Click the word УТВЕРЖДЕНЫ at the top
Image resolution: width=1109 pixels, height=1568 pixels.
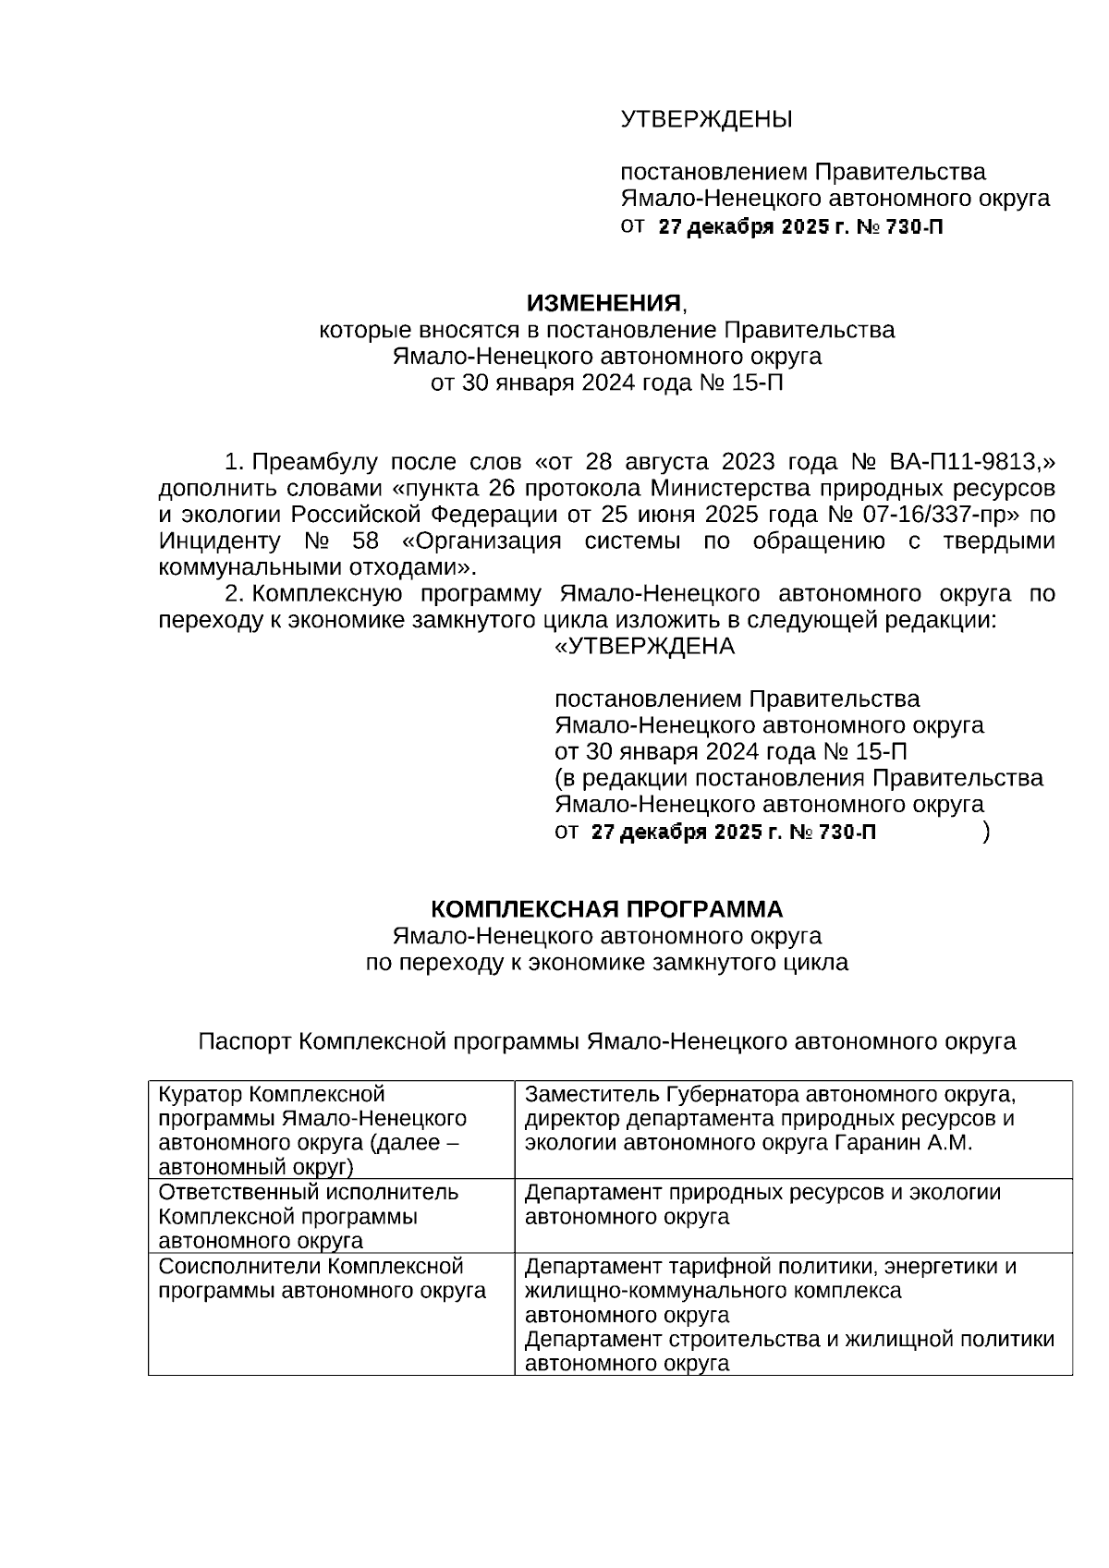click(706, 120)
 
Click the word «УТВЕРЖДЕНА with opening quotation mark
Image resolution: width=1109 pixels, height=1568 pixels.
click(644, 646)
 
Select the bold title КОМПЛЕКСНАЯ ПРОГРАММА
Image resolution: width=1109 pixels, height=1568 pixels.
click(606, 908)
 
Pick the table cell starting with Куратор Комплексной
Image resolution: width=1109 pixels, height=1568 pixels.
click(331, 1130)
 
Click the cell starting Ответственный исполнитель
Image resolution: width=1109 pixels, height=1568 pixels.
click(331, 1216)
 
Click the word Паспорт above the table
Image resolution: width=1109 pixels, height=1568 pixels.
click(246, 1041)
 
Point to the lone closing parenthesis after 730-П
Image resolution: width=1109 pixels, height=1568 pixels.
click(986, 832)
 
